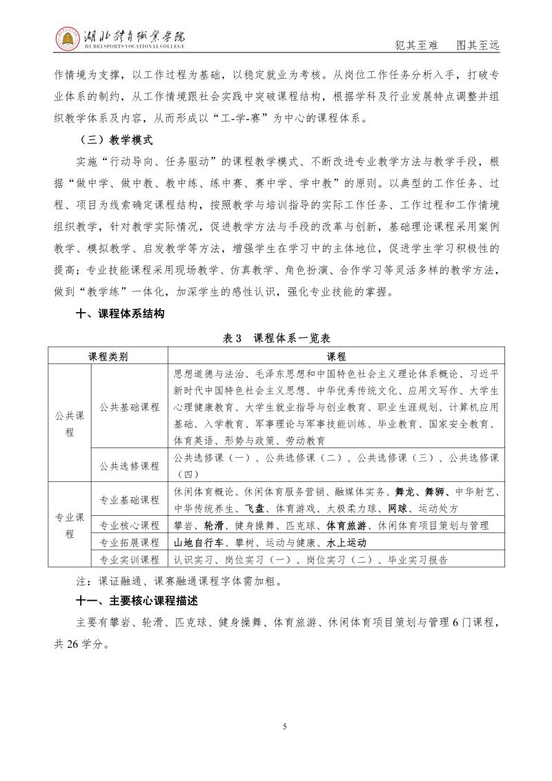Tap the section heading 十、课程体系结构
point(120,314)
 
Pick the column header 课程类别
point(108,356)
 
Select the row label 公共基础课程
point(130,407)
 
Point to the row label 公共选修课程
point(130,466)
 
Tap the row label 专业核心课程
point(130,526)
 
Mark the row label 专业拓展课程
point(130,543)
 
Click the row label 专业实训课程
point(130,559)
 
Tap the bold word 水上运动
point(346,543)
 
